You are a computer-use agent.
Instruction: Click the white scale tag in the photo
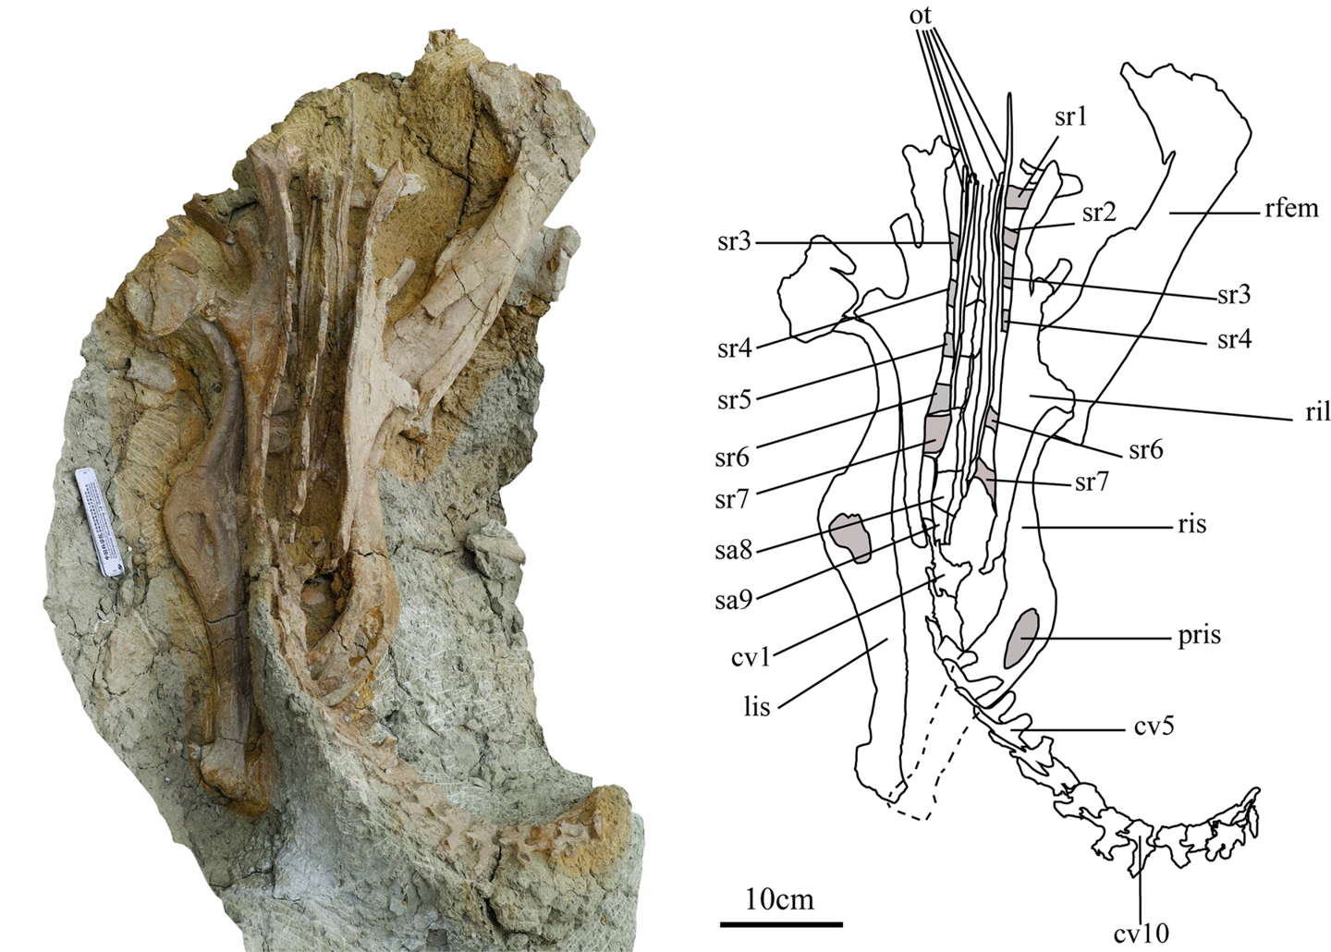[x=98, y=524]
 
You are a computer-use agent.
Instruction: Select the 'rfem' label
[x=1291, y=208]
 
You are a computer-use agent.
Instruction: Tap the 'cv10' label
[x=1142, y=934]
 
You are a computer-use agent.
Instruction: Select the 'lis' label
[x=755, y=710]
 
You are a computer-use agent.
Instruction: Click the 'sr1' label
[x=1071, y=117]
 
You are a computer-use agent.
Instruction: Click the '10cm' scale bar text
[x=781, y=898]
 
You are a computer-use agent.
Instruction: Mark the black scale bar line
[x=781, y=922]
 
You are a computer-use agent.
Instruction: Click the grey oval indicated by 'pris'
[x=1020, y=638]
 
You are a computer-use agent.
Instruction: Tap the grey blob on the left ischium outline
[x=850, y=538]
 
